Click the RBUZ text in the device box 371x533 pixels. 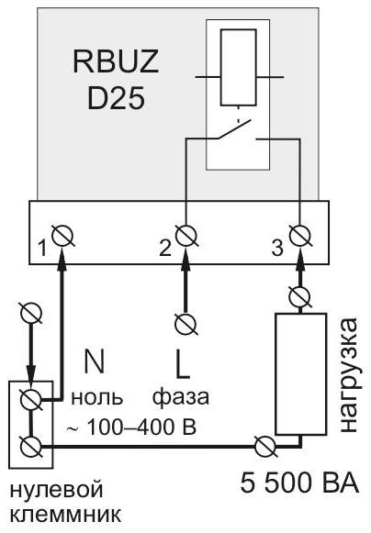click(116, 61)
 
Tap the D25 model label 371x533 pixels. click(116, 98)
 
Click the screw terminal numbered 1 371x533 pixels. click(63, 235)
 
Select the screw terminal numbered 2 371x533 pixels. click(186, 235)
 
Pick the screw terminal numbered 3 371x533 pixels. click(301, 235)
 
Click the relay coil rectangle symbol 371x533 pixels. click(238, 67)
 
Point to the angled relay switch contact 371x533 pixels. click(234, 129)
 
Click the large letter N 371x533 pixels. click(94, 361)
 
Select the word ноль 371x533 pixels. click(96, 397)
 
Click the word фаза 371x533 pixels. click(180, 397)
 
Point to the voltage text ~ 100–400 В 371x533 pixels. click(131, 427)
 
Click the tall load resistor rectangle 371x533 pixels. click(300, 374)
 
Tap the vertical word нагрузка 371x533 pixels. click(349, 374)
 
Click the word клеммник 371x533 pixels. click(65, 515)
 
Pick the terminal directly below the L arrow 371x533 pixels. click(186, 324)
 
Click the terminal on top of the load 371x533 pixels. click(300, 296)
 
